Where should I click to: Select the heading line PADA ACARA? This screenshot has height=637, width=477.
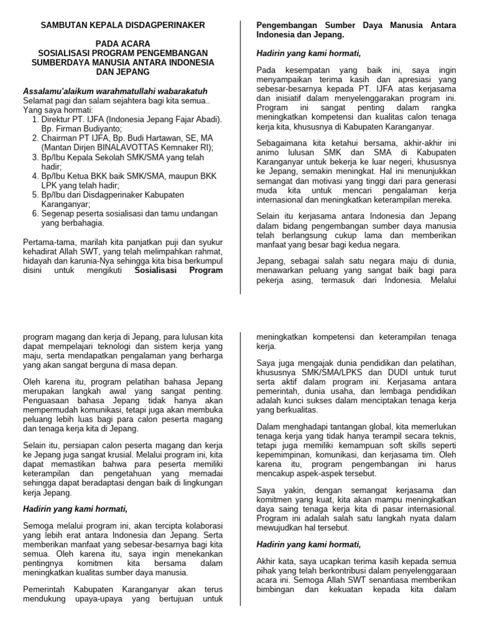[x=122, y=44]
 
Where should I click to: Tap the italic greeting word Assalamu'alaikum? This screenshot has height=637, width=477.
[x=57, y=91]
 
